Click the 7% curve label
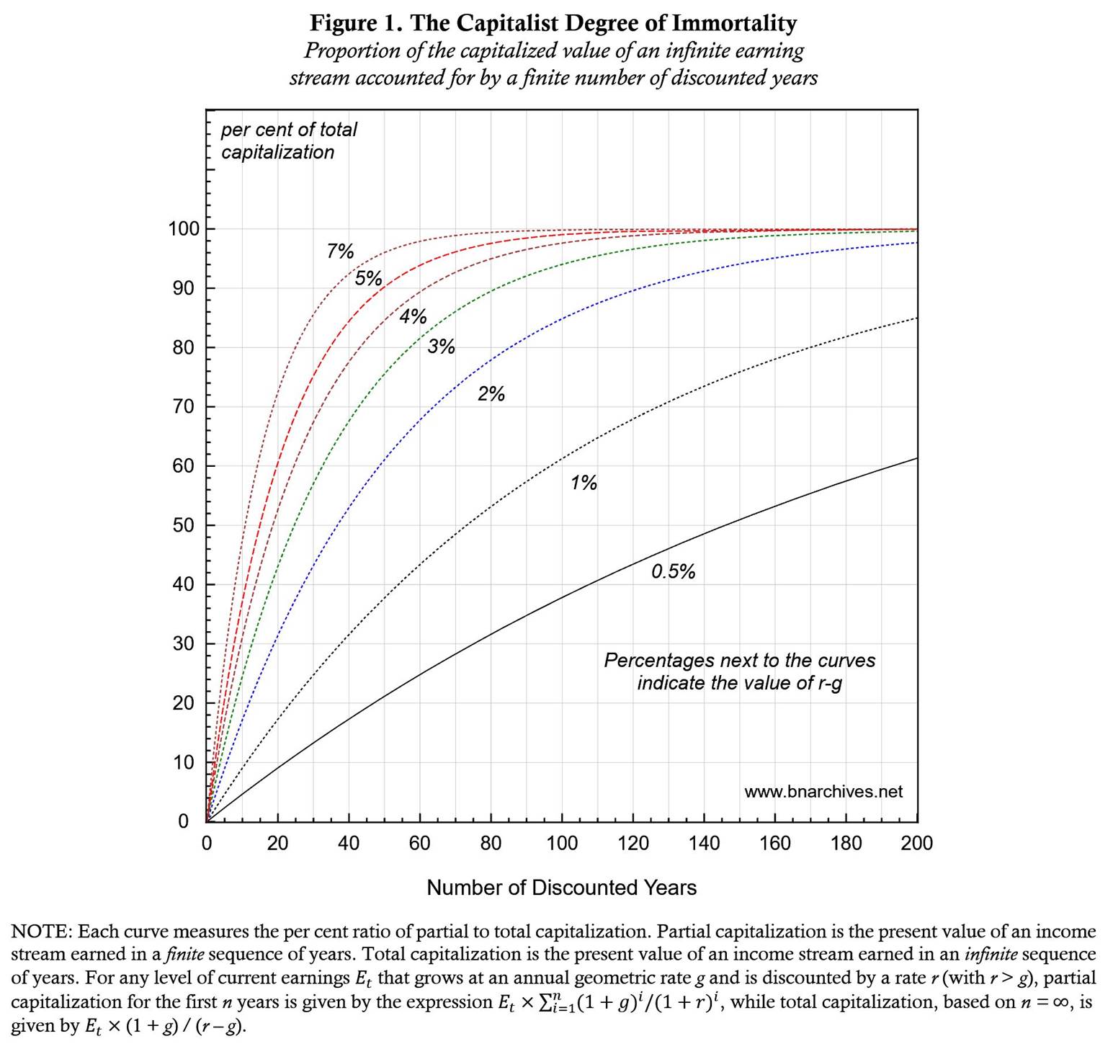340,251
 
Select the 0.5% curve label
673,572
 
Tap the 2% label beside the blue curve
491,394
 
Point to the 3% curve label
441,347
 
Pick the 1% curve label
584,483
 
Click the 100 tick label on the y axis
183,230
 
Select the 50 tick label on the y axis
183,525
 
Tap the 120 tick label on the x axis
633,844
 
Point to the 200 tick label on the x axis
916,844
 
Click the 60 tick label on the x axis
419,844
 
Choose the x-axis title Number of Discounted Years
561,888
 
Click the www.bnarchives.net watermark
823,792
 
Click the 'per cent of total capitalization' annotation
288,140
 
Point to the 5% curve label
368,279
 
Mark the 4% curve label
413,317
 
